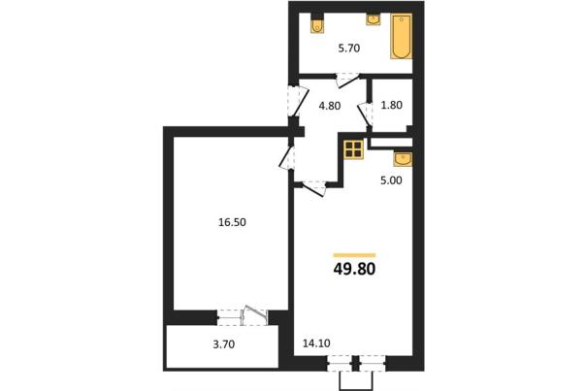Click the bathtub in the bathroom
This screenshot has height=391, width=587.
click(x=401, y=36)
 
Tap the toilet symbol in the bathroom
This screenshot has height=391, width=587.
click(x=317, y=24)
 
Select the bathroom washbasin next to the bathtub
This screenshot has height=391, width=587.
click(x=373, y=19)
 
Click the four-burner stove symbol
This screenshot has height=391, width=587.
click(x=353, y=149)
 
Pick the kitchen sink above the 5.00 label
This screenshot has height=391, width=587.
click(x=403, y=159)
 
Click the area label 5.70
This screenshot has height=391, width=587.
click(x=349, y=49)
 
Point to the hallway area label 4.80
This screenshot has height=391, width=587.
click(x=330, y=106)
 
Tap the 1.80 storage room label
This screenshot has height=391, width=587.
click(x=391, y=105)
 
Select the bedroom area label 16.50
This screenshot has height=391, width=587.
click(x=232, y=222)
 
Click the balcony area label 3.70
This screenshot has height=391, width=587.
click(x=224, y=344)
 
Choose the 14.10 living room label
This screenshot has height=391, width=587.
click(x=316, y=343)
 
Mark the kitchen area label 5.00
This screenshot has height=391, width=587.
click(x=391, y=180)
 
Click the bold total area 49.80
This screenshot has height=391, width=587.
click(x=354, y=269)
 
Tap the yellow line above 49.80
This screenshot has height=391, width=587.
click(x=354, y=255)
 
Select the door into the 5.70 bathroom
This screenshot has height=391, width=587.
click(x=347, y=81)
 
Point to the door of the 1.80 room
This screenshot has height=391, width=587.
click(x=365, y=114)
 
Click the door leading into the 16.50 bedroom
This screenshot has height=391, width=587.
click(x=287, y=157)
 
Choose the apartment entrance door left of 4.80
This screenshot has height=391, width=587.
click(x=299, y=101)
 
